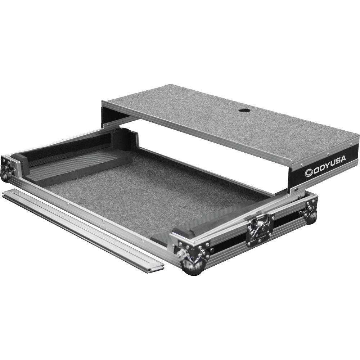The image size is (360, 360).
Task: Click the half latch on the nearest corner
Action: [x=184, y=254]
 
